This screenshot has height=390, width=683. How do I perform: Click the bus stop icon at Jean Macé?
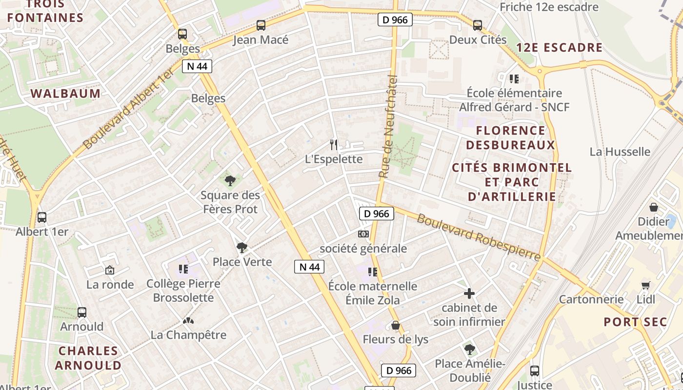pos(261,25)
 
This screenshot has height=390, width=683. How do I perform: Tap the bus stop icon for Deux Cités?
pos(477,25)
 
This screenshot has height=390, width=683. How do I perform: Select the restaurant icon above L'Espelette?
pos(334,144)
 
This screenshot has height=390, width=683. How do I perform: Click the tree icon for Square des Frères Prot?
pos(230,181)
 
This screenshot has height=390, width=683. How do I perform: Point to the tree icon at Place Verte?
pos(241,248)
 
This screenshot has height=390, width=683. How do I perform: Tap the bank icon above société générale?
pos(363,234)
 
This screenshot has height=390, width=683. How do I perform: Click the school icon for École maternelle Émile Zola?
pos(373,272)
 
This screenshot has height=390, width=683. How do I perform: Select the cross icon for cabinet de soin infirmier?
pos(469,293)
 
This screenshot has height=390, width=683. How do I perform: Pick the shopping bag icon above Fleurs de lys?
pos(395,325)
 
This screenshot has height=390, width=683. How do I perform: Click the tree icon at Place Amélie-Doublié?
pos(469,349)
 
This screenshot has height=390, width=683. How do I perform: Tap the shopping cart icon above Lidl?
pos(646,285)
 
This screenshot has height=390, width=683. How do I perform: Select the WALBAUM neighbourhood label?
pos(65,94)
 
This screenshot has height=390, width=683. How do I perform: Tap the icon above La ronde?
pos(110,270)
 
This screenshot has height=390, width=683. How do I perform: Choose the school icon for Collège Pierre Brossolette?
pos(183,269)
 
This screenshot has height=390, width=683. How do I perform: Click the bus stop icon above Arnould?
pos(82,312)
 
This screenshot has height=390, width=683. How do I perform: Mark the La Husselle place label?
pos(620,152)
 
